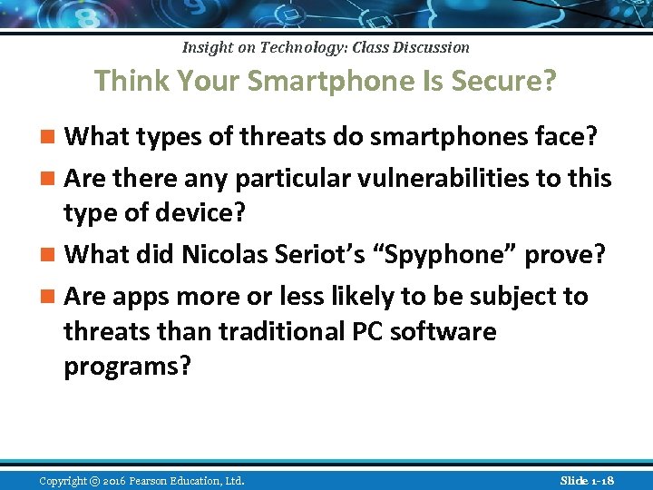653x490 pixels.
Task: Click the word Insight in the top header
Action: tap(207, 47)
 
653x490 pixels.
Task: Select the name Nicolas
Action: tap(224, 255)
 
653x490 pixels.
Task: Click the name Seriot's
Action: tap(315, 255)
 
